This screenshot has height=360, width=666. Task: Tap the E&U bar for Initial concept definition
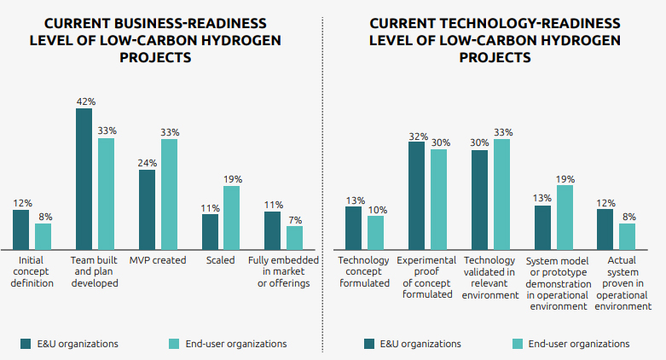tap(20, 228)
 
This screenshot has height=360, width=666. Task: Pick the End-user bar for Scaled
tap(231, 217)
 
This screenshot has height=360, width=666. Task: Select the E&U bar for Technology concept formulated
tap(353, 227)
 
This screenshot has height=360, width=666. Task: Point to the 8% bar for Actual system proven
tap(627, 235)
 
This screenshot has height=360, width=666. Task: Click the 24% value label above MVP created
tap(147, 163)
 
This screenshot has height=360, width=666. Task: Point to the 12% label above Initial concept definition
tap(22, 203)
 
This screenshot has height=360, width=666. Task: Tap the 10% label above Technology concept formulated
tap(377, 209)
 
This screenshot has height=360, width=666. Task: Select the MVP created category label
tap(158, 260)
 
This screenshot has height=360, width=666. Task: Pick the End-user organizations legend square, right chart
tap(517, 344)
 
